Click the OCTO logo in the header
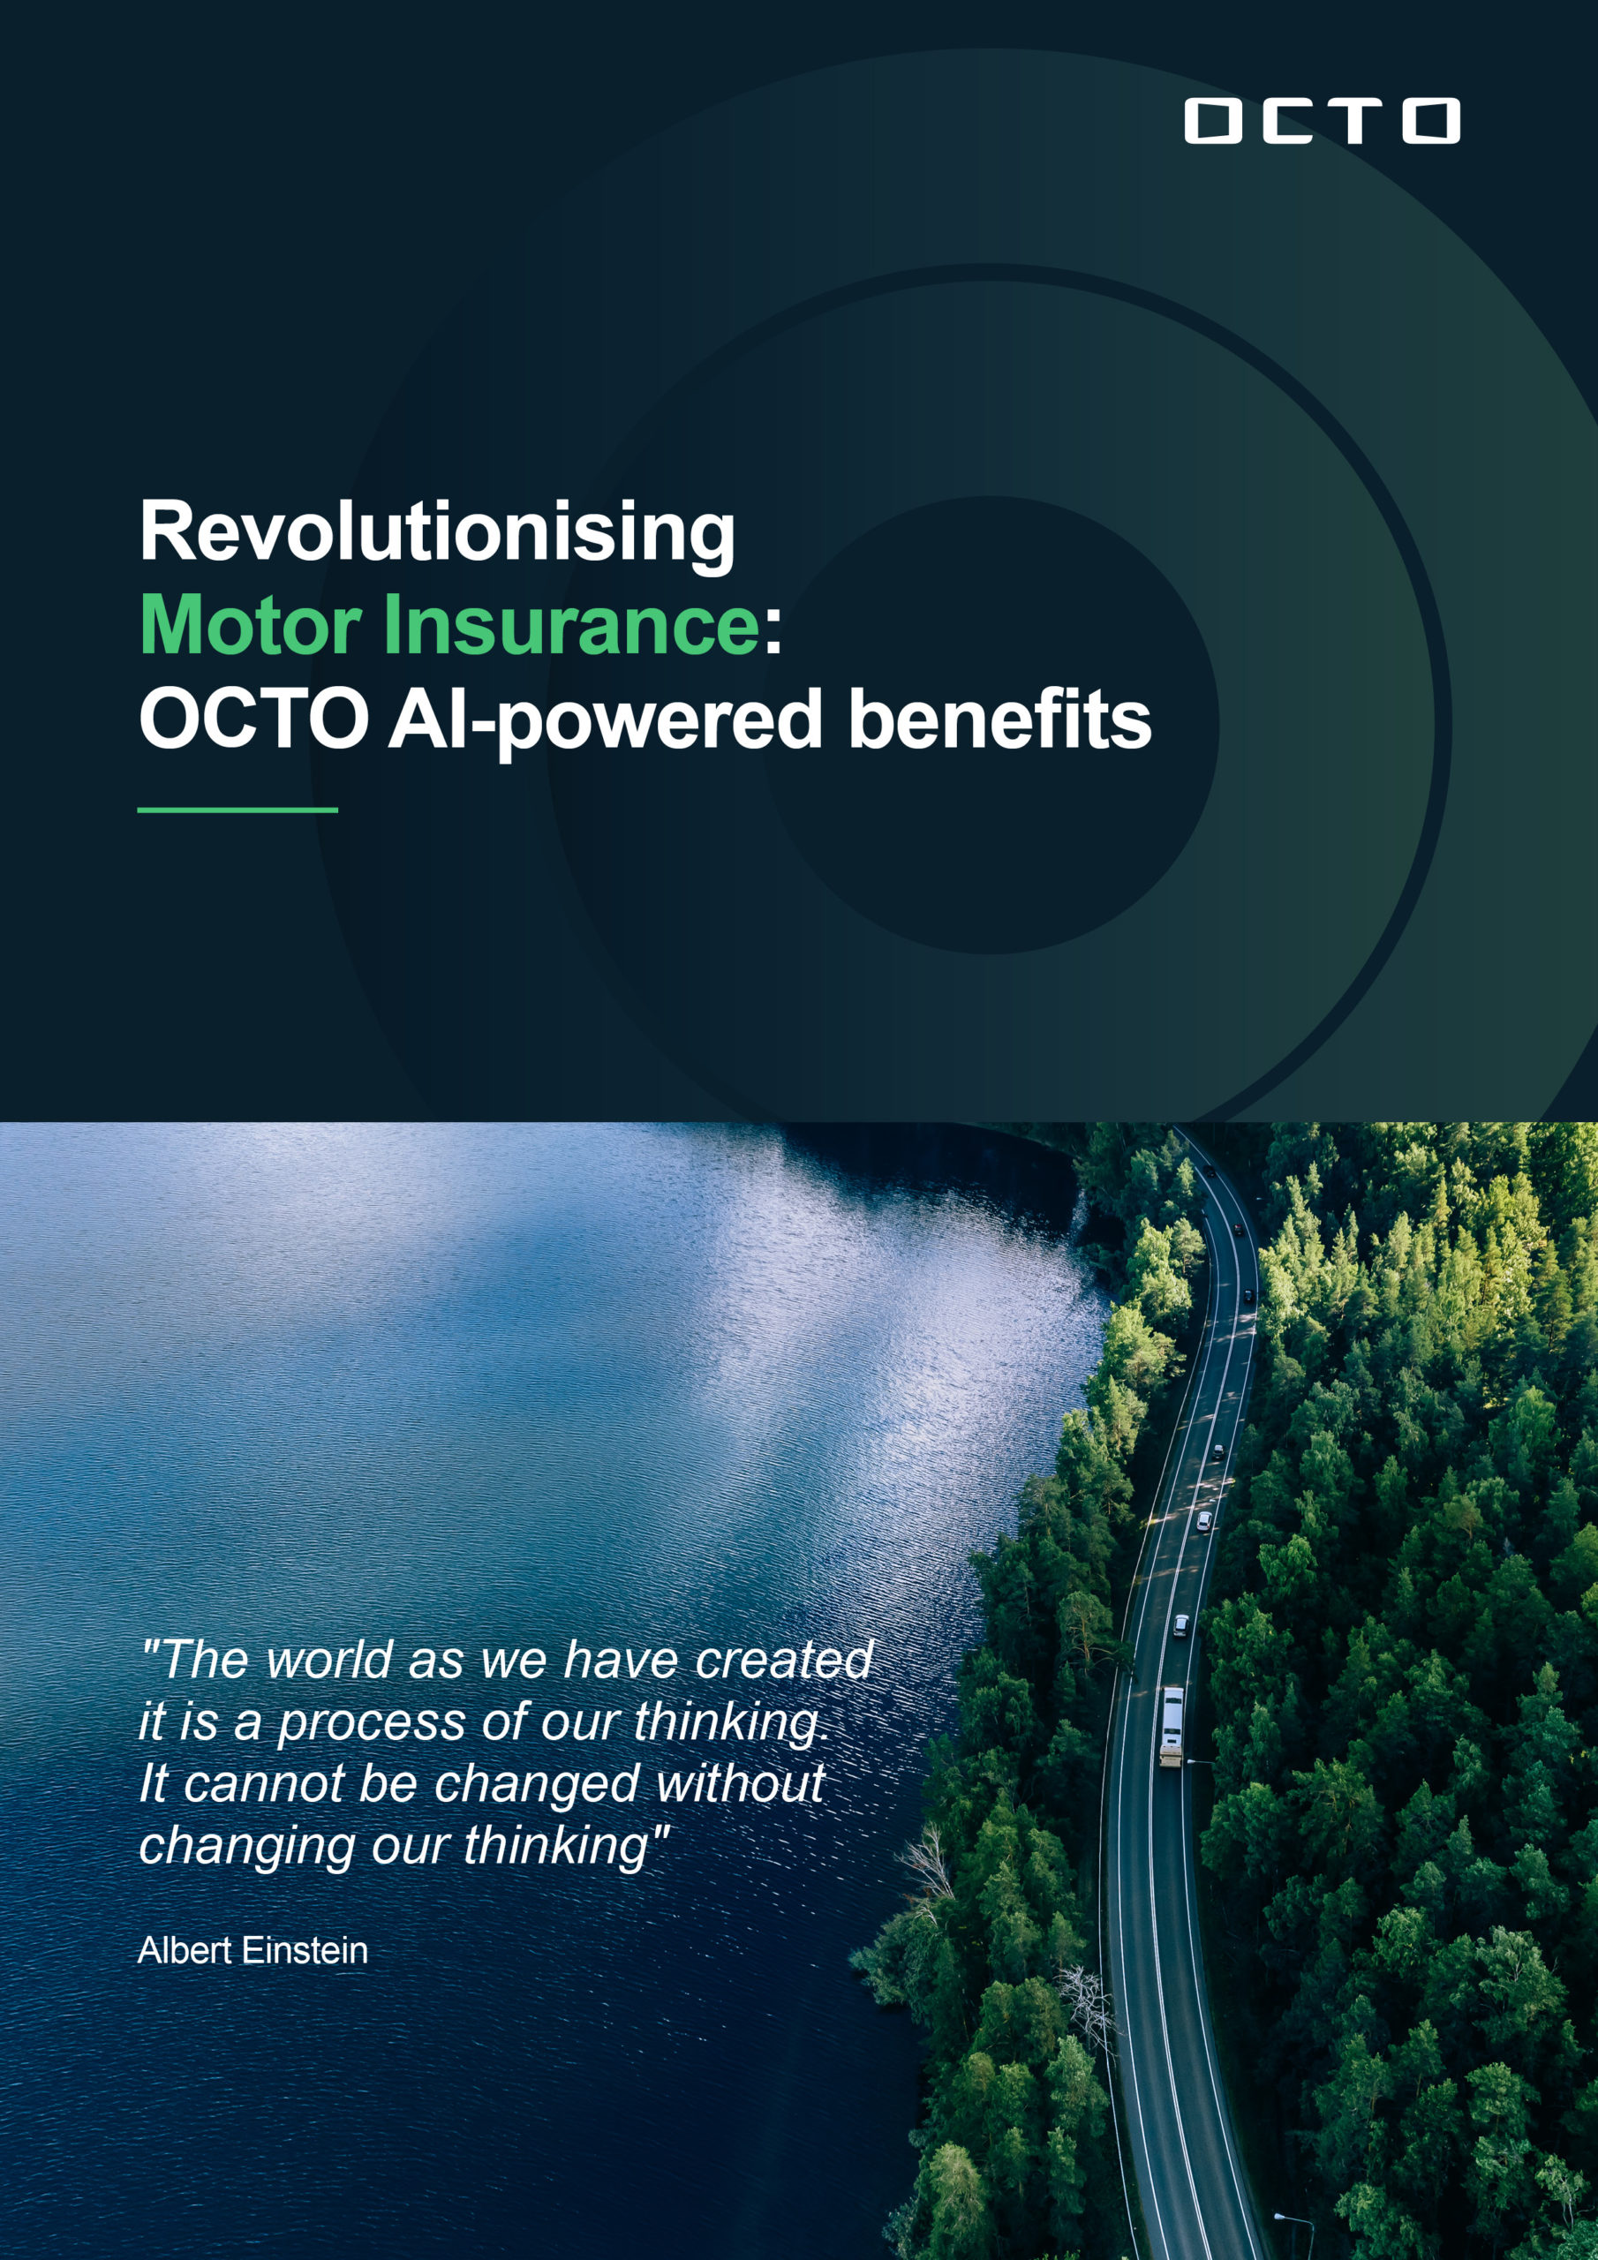click(1322, 121)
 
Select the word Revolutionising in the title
click(437, 532)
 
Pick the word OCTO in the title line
click(253, 719)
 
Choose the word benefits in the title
click(999, 719)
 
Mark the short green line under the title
click(237, 810)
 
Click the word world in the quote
click(330, 1660)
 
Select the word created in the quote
click(784, 1660)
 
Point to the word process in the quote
click(373, 1723)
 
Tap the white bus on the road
click(1172, 1727)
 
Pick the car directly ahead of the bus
click(1180, 1625)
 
